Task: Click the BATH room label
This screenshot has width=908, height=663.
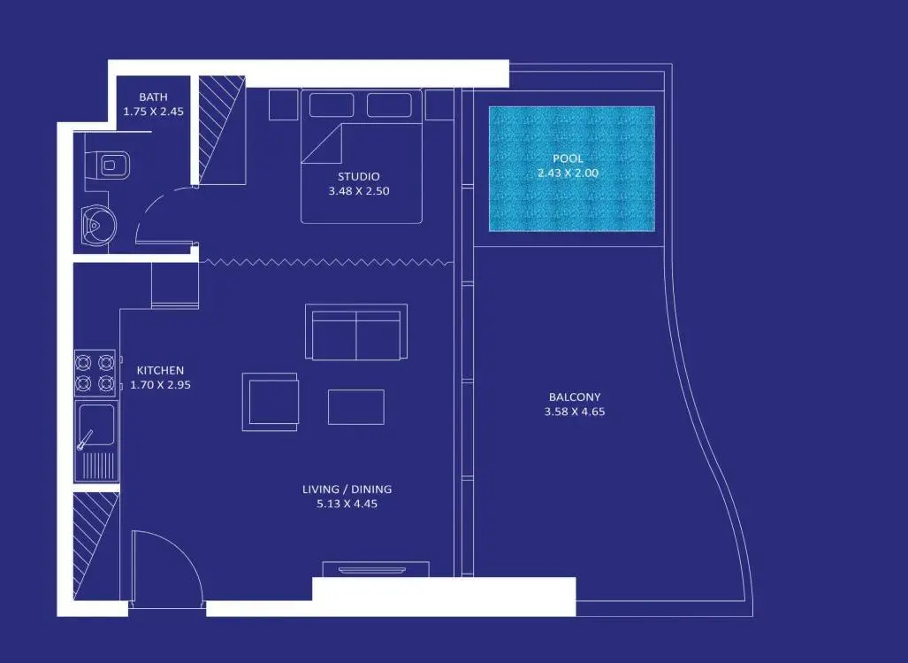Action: coord(153,96)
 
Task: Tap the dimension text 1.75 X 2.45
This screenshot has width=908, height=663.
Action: coord(153,112)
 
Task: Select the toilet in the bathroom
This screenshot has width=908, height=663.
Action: coord(111,166)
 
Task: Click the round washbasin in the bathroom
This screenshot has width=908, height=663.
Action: coord(98,224)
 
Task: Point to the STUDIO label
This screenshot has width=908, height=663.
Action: coord(358,176)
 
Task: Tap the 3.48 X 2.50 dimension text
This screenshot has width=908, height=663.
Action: coord(358,190)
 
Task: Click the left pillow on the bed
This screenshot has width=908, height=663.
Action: coord(332,105)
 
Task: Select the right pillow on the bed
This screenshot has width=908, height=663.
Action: coord(389,105)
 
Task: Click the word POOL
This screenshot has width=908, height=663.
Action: coord(568,158)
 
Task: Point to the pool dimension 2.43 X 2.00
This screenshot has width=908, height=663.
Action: coord(568,173)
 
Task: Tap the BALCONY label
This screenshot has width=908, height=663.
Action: coord(575,397)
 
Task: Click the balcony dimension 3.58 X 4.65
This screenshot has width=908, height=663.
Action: coord(575,412)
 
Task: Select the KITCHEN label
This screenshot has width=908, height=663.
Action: coord(160,370)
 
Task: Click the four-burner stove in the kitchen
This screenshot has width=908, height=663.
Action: coord(95,374)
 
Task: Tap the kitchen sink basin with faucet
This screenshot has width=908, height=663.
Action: coord(96,428)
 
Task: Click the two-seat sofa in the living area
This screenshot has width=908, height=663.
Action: coord(356,332)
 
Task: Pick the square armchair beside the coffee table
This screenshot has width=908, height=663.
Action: coord(271,402)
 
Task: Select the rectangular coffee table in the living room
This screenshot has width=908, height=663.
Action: coord(355,407)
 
